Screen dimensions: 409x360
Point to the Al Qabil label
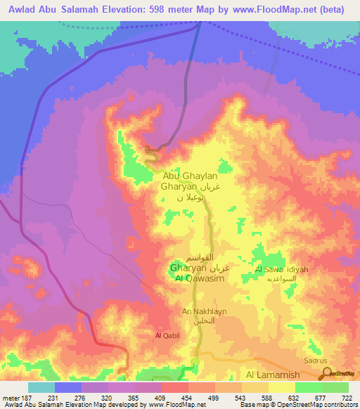(167, 336)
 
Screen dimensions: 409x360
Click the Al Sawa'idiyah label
(280, 269)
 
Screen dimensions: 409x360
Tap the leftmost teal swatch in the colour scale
(41, 387)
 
